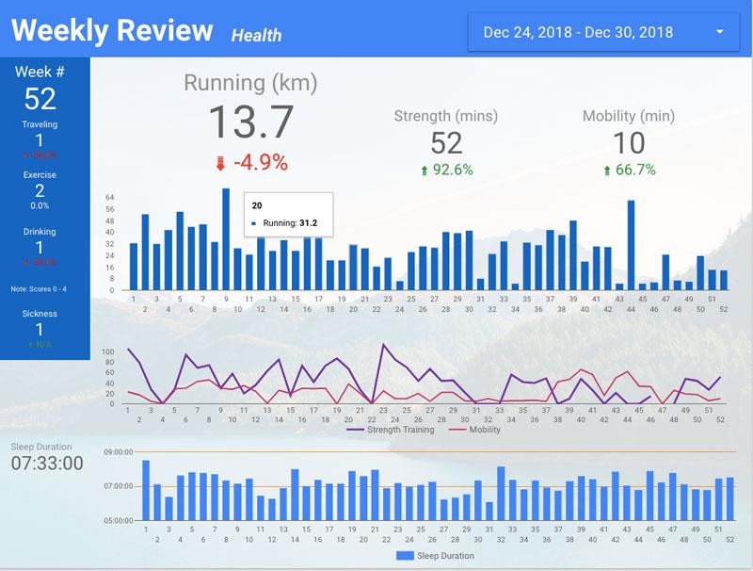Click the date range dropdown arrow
tap(720, 32)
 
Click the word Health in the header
tap(256, 36)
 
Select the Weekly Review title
tap(112, 31)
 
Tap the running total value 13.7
tap(250, 122)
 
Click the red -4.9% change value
tap(260, 162)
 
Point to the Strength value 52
tap(446, 143)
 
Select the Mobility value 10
tap(629, 143)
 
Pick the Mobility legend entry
tap(481, 430)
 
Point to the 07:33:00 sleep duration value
tap(47, 464)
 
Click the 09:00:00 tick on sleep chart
tap(120, 452)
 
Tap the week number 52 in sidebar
tap(40, 98)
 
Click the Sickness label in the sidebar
tap(40, 314)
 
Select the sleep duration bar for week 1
tap(146, 490)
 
